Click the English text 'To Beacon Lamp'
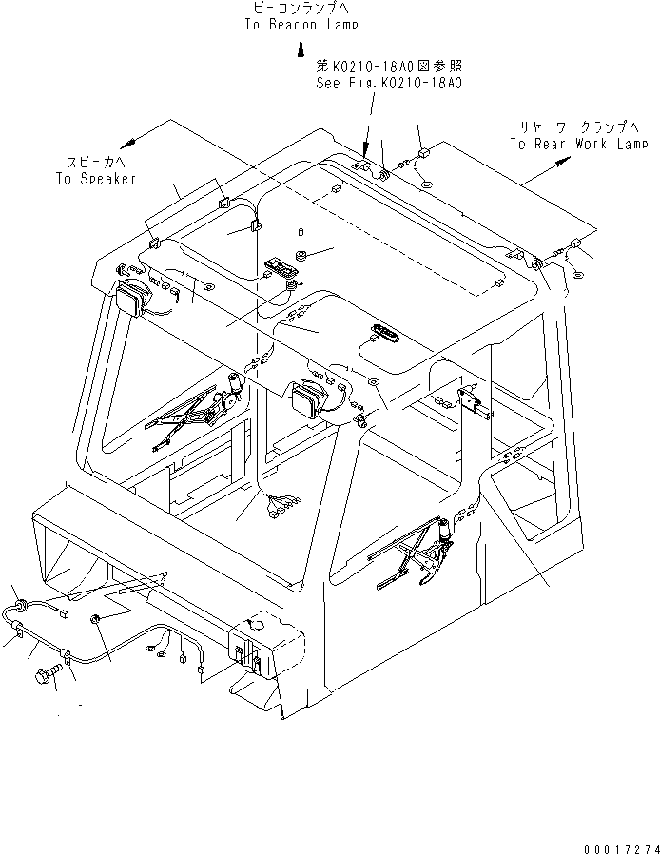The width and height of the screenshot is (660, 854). tap(300, 27)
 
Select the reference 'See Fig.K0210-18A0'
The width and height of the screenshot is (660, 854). tap(389, 83)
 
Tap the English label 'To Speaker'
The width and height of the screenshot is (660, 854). tap(96, 178)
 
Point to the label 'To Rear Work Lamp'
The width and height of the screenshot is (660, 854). tap(578, 144)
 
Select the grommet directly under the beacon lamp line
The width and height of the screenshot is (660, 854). tap(301, 255)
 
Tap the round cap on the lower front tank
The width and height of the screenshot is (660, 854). tap(255, 623)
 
